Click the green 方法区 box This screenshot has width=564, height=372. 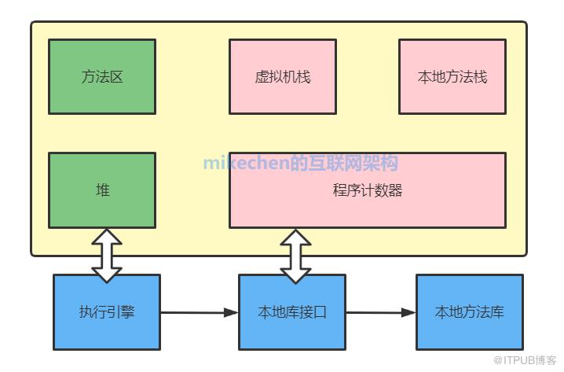(102, 76)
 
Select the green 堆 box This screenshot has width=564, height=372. (102, 190)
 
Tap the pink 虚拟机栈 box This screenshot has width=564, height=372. (283, 76)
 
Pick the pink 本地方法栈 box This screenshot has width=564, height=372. (452, 76)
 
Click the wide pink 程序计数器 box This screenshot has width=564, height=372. (368, 190)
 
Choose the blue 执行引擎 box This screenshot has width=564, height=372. (107, 311)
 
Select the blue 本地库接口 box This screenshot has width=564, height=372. (292, 311)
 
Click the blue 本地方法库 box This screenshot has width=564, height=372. (470, 311)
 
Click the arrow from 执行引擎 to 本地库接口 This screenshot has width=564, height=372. (200, 312)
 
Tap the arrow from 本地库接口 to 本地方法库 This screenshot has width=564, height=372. (381, 312)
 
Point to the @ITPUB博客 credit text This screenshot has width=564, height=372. (524, 359)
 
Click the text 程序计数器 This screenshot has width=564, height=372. (368, 190)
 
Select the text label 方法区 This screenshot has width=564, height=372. (102, 76)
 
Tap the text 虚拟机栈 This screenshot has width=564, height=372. (283, 77)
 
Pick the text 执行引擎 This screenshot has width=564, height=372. (107, 312)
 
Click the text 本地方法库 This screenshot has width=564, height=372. (470, 312)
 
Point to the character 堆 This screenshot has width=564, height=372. (102, 190)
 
